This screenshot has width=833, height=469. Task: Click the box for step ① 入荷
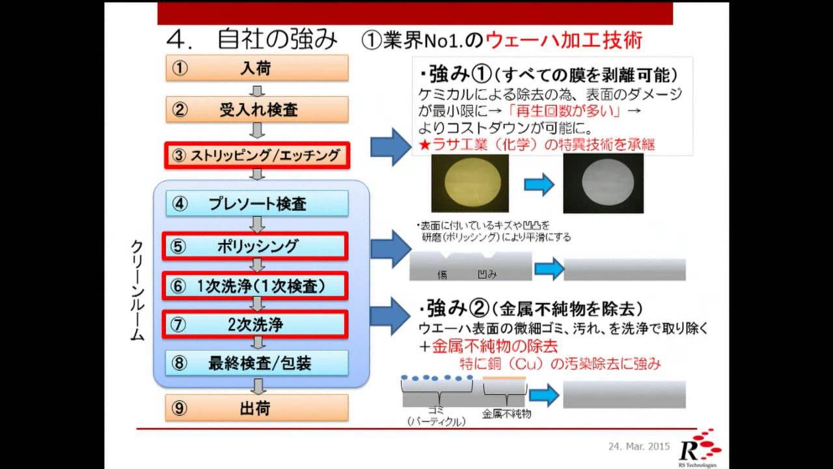256,68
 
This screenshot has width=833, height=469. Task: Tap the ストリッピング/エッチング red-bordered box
256,155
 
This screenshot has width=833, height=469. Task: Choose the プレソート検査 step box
256,204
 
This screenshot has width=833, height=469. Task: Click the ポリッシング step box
256,246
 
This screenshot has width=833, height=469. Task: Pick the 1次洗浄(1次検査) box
256,285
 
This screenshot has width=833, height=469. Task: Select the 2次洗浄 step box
256,324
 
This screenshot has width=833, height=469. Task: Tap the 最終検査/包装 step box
256,363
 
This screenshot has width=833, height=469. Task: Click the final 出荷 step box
256,408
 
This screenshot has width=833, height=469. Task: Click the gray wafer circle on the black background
603,184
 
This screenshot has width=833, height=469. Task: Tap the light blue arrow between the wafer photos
539,185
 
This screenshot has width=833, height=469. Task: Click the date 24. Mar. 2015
639,448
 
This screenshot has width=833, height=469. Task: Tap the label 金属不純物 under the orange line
507,414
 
